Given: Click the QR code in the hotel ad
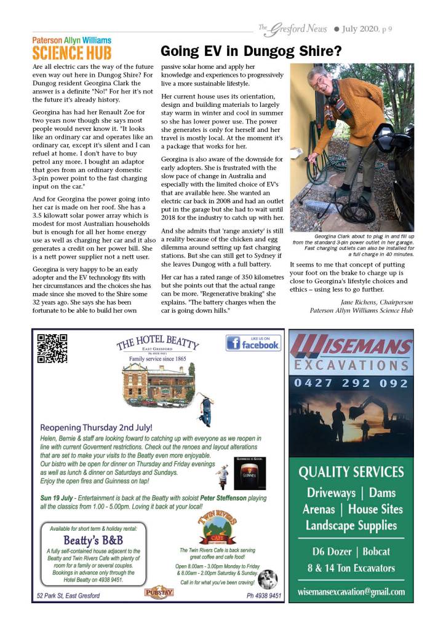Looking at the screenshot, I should click(x=52, y=348).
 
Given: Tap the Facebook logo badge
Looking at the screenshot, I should click(x=253, y=343).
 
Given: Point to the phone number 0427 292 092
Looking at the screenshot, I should click(x=351, y=383).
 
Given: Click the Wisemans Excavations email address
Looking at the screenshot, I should click(x=351, y=592).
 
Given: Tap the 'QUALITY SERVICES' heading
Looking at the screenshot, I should click(x=351, y=472).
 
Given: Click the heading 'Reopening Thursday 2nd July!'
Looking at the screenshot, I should click(x=96, y=428).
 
